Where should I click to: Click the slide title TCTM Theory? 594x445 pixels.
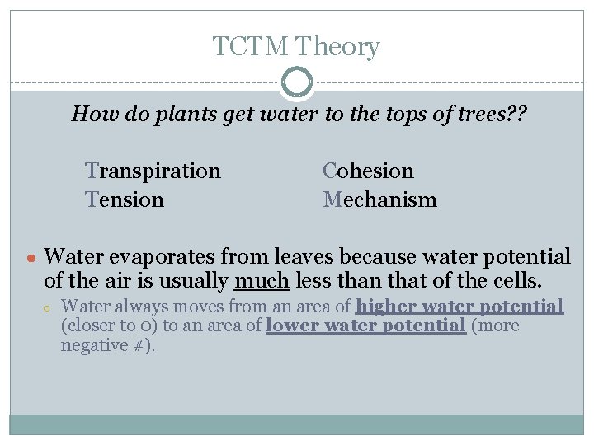click(296, 46)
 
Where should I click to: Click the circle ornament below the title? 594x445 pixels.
click(297, 82)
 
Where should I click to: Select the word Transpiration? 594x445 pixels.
click(153, 171)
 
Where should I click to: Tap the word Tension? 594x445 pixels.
click(125, 199)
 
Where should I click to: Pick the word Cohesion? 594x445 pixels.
click(369, 171)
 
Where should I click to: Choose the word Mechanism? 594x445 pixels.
click(380, 199)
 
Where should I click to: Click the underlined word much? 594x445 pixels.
click(262, 281)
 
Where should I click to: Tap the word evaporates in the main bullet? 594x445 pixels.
click(157, 256)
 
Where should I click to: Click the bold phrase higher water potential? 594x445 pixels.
click(460, 307)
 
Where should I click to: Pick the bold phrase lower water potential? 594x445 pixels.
click(365, 326)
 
